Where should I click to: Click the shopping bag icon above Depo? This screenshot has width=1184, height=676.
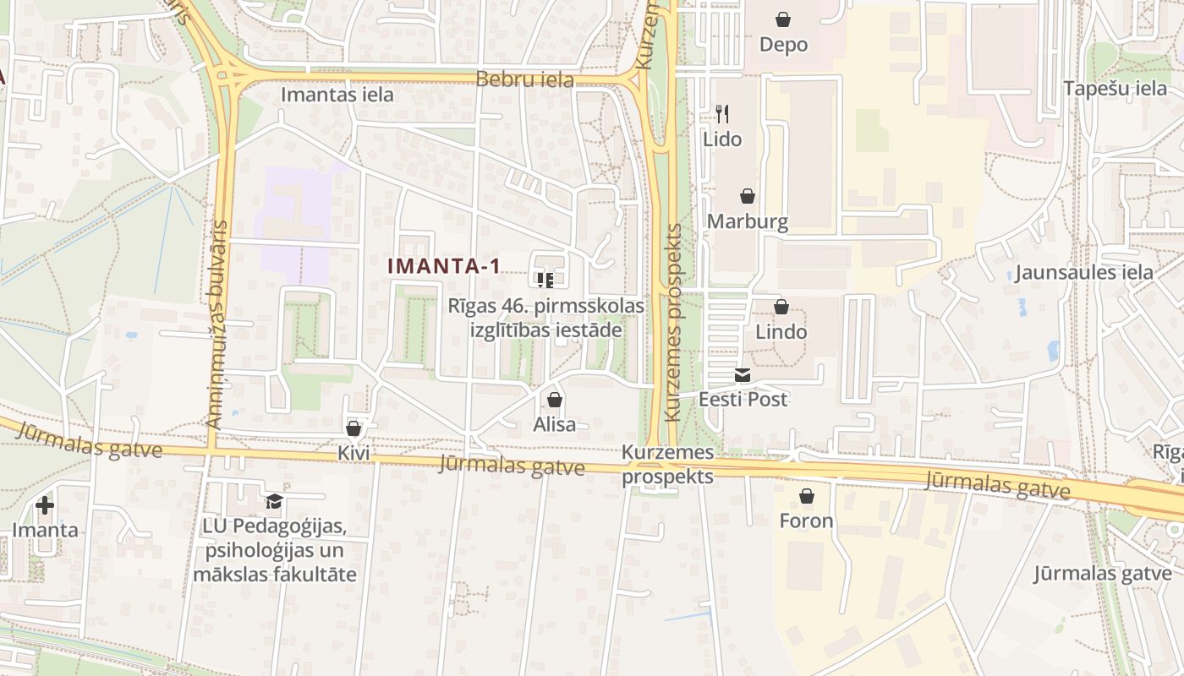point(783,19)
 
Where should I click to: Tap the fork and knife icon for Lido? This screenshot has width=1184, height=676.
point(722,113)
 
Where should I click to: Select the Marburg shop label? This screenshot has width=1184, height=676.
point(748,221)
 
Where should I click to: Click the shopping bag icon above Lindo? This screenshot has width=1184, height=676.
point(781,307)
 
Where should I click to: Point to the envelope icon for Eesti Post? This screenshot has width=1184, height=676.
point(743,375)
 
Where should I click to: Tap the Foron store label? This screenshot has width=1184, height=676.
point(806,521)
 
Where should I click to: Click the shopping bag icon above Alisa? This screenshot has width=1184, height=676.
point(555,400)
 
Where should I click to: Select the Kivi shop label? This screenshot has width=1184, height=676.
point(354,453)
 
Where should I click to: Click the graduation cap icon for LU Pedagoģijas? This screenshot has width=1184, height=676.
point(273,501)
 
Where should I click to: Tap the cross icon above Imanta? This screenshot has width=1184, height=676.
point(45,505)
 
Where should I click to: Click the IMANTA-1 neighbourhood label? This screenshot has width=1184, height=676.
point(444,266)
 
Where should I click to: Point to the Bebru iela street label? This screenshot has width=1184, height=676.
point(525,80)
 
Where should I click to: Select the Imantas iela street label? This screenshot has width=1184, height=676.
point(337,95)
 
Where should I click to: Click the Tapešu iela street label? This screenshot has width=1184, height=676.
point(1115,88)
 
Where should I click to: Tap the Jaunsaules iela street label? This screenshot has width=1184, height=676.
point(1084,272)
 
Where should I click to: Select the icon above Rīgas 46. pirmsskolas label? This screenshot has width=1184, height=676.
point(545,279)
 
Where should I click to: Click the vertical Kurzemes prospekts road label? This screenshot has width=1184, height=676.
point(673,323)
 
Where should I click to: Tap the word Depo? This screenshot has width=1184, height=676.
point(783,44)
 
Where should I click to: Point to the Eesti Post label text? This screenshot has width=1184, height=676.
point(743,399)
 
